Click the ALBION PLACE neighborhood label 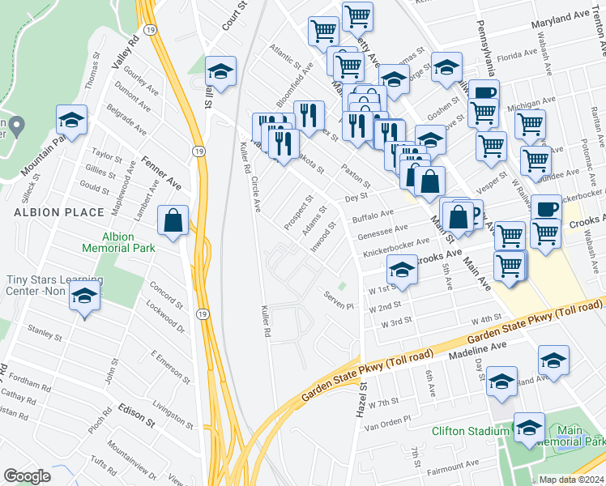click(58, 212)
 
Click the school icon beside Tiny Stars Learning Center click(84, 296)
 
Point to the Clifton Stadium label click(470, 431)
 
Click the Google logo click(27, 476)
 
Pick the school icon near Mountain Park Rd click(72, 122)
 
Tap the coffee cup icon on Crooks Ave click(544, 208)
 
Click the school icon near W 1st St click(402, 270)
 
